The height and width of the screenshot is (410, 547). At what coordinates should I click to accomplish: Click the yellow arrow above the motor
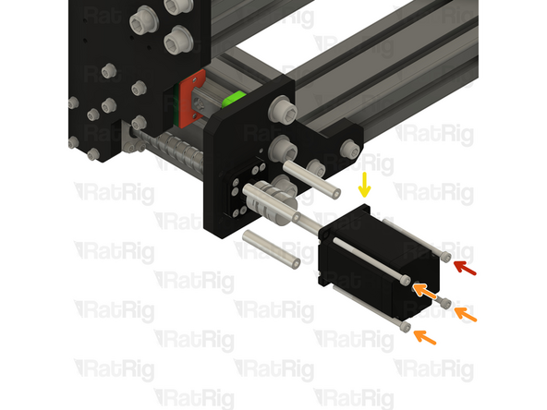365,185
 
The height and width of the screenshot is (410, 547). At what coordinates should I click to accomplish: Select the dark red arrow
465,268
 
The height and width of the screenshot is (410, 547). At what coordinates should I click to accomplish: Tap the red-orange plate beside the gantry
195,97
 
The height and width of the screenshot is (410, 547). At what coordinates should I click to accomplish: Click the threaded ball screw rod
176,148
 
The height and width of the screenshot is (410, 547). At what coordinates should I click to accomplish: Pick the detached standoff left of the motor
271,250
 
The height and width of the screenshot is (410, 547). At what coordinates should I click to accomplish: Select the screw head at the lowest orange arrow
407,326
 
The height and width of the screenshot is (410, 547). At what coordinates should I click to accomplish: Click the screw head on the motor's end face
406,278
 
